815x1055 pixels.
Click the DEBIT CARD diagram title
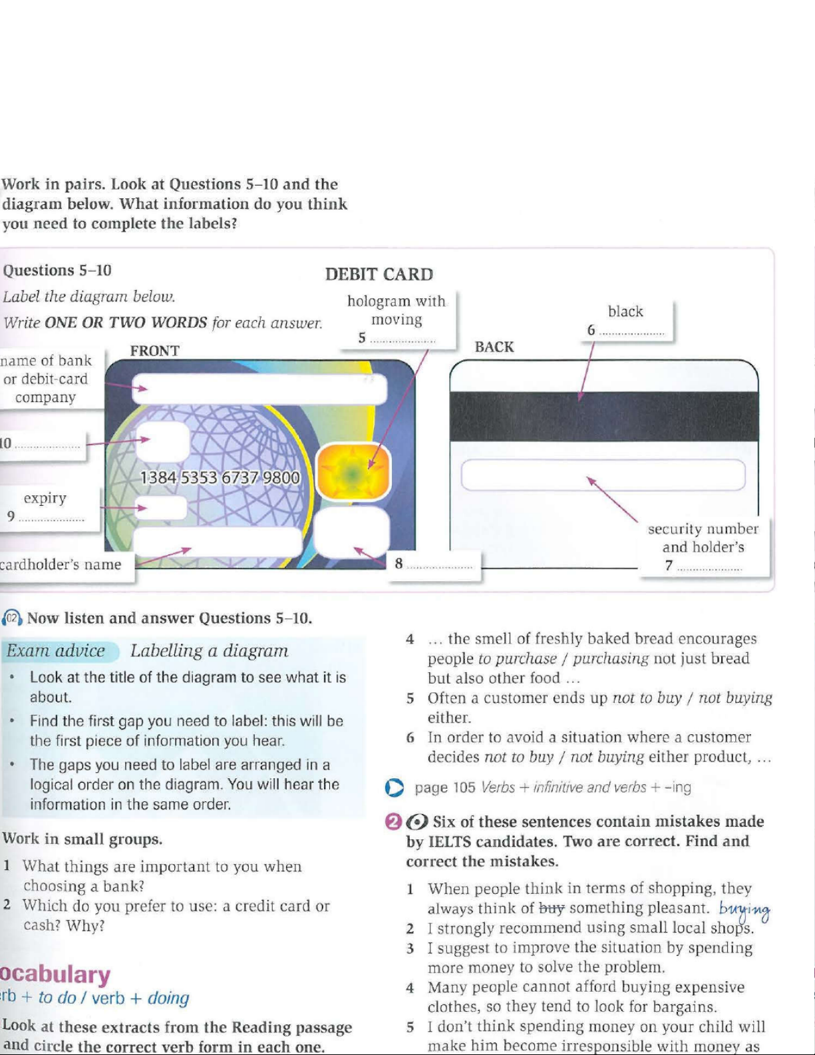(379, 274)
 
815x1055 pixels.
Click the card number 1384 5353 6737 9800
(220, 478)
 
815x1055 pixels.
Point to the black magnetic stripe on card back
(604, 417)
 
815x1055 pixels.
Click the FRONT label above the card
(154, 351)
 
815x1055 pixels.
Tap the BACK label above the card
(494, 347)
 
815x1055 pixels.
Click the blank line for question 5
(403, 339)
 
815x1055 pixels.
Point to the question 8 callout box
(434, 564)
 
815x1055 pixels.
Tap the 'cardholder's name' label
(61, 564)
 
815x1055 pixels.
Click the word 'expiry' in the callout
(45, 498)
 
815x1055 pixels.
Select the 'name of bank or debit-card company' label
(46, 379)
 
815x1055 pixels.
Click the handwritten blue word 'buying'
(744, 909)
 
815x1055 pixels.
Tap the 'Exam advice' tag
(56, 651)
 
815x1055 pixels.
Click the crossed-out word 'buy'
(552, 907)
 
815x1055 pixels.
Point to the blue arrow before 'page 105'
(395, 788)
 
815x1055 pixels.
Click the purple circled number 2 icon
(394, 822)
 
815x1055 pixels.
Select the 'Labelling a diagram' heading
(209, 651)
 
